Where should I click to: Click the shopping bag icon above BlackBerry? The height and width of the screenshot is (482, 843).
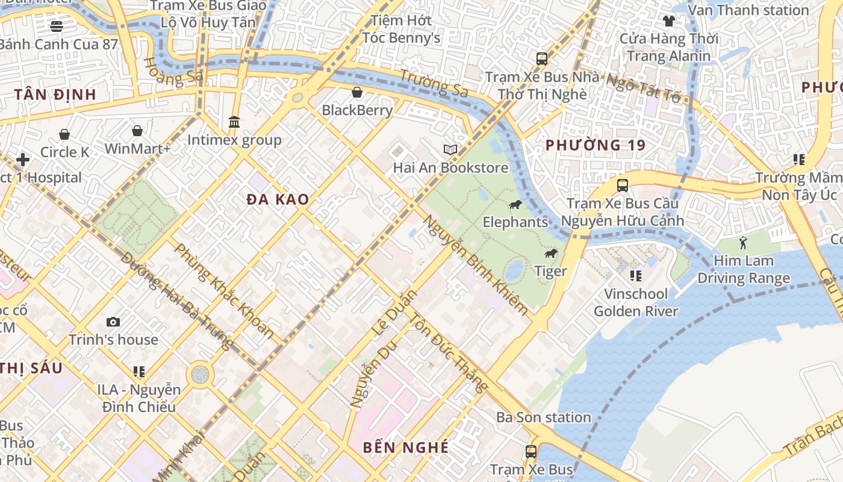[357, 92]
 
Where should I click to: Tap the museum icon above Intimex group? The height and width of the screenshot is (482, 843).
[234, 122]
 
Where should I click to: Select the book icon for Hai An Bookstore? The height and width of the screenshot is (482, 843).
[450, 149]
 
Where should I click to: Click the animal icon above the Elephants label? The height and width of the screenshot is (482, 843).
[515, 205]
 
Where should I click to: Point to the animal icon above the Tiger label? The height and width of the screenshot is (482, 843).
[550, 254]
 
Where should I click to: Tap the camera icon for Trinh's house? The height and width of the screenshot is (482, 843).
[113, 322]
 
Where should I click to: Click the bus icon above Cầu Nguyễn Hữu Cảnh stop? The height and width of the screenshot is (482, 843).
[623, 185]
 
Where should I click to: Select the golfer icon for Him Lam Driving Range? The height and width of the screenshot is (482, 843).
[743, 243]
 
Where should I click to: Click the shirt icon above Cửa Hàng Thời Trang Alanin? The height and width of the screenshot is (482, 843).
[668, 21]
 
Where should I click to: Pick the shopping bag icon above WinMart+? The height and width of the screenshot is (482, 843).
[137, 131]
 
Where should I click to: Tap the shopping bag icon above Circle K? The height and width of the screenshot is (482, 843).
[64, 134]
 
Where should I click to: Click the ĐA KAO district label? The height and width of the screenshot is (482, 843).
[278, 199]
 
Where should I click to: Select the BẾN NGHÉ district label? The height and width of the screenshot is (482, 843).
[406, 447]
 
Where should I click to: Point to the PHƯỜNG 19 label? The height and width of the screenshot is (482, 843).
[595, 145]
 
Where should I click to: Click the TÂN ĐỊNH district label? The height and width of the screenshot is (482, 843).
[55, 95]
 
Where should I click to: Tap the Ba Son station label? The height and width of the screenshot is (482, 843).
[543, 417]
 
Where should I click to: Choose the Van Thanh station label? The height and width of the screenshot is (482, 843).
[748, 10]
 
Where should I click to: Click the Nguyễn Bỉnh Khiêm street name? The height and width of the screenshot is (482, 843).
[476, 265]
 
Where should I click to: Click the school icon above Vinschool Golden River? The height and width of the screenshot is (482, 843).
[635, 276]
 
